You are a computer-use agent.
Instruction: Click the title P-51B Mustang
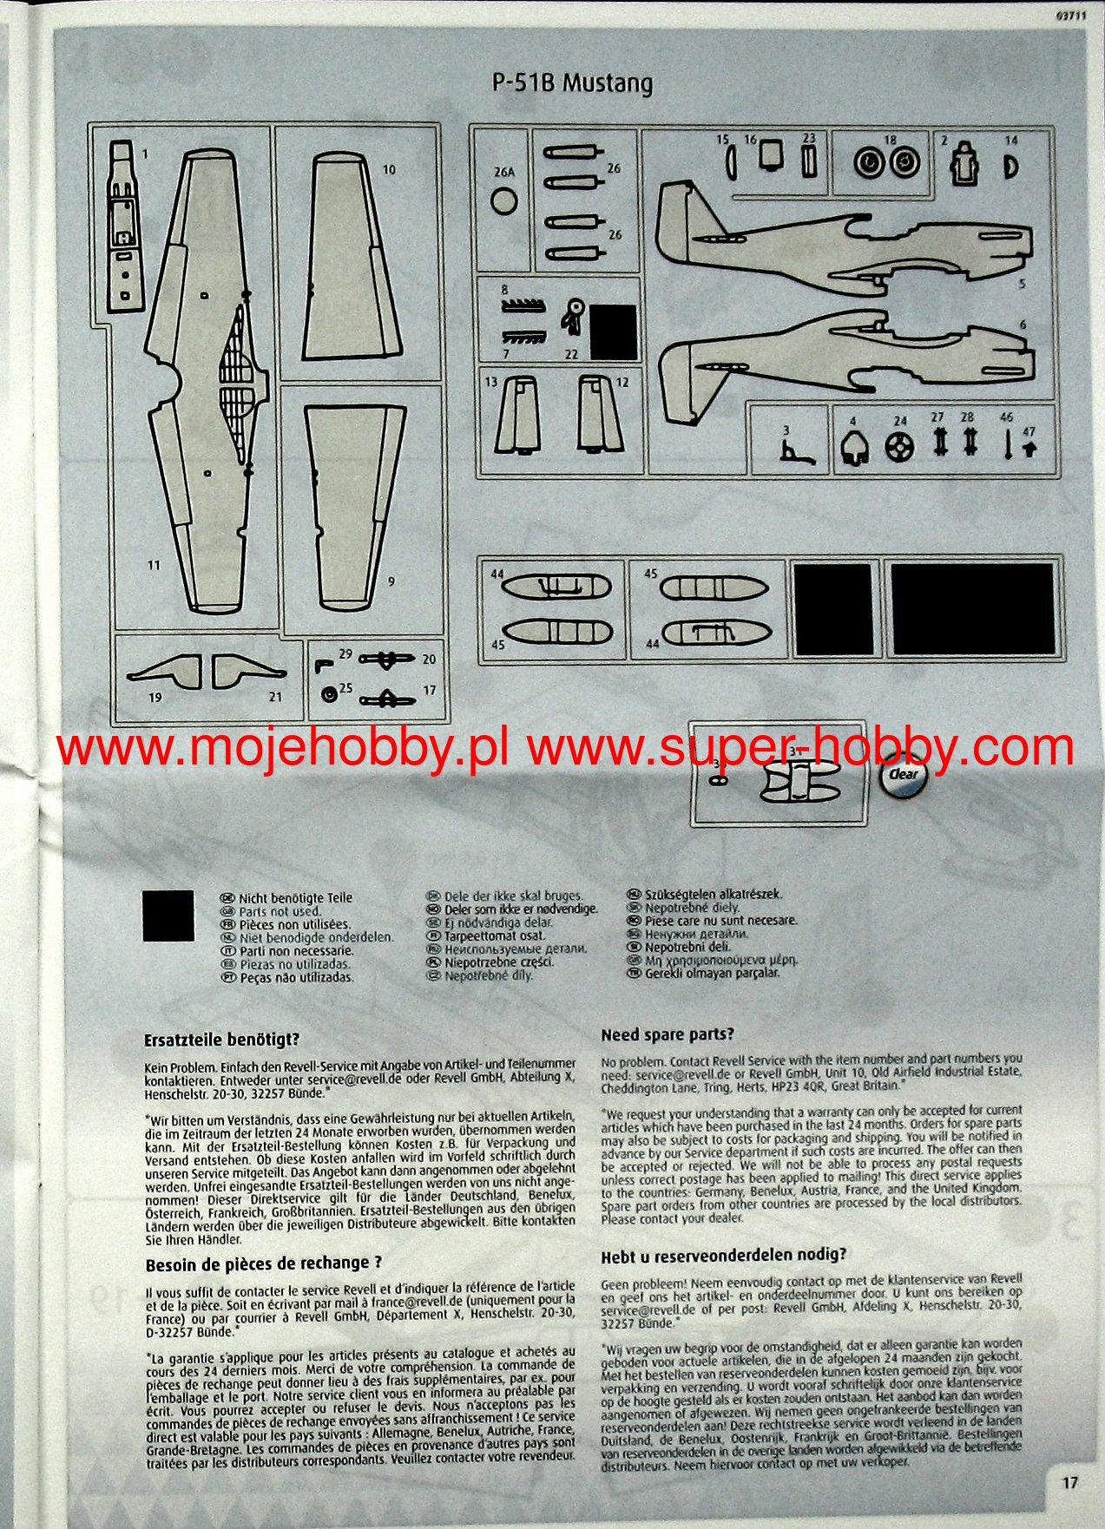click(572, 84)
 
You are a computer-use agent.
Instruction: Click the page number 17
click(1069, 1483)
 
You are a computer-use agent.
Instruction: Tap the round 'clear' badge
click(903, 774)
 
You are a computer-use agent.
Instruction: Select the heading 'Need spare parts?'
click(668, 1034)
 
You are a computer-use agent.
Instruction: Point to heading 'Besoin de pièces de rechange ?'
click(264, 1263)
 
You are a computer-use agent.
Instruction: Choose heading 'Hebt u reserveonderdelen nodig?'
click(723, 1256)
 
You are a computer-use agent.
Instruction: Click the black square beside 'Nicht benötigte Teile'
click(168, 915)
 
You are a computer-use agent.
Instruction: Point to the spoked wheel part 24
click(900, 448)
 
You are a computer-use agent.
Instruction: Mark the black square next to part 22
click(614, 331)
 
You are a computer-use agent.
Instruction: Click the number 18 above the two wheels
click(890, 140)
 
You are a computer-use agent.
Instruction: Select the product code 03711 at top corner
click(1071, 11)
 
